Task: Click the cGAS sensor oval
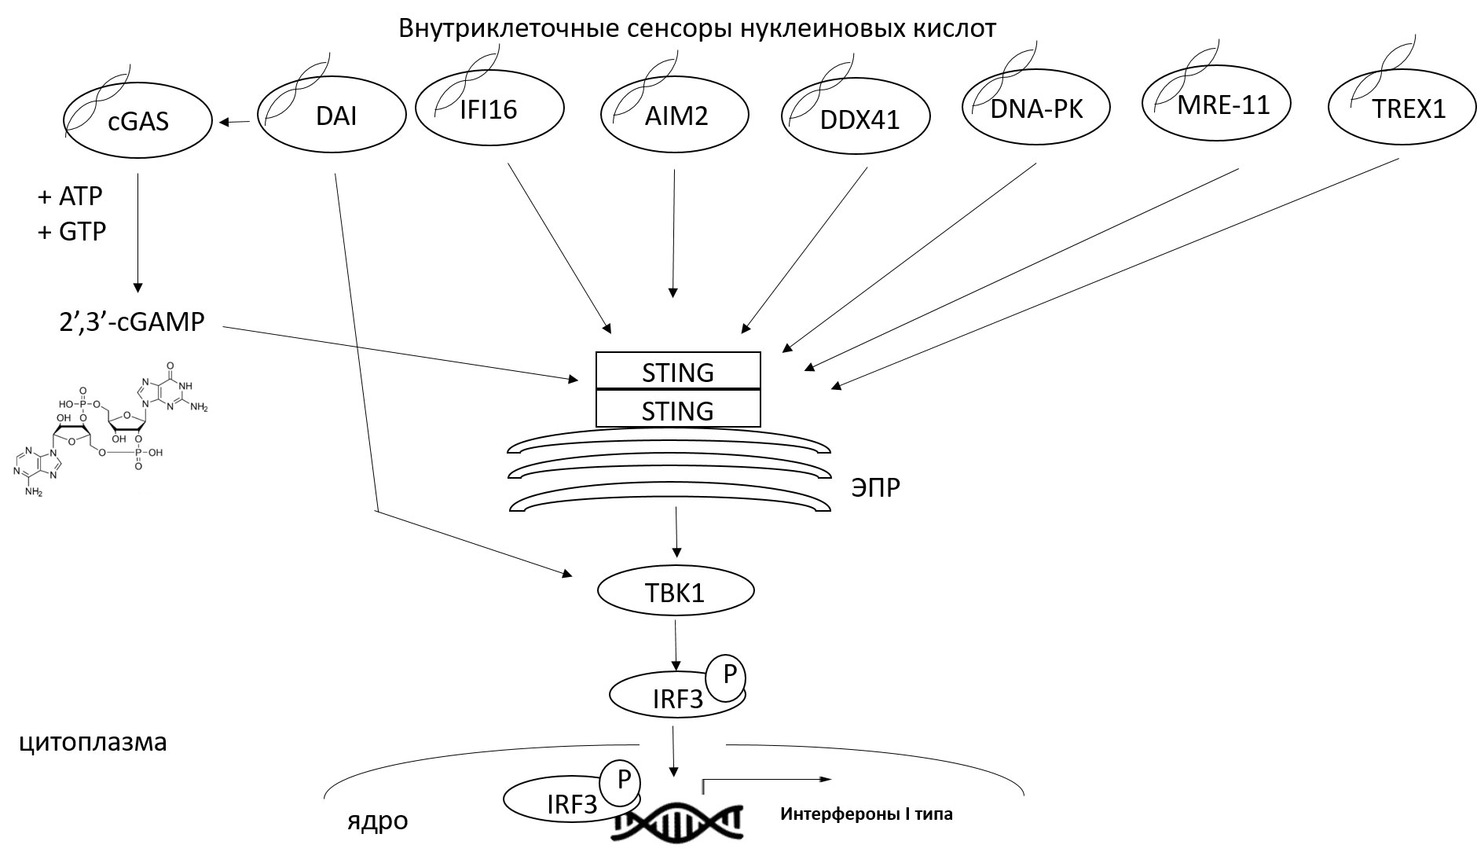click(137, 120)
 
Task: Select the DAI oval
click(332, 116)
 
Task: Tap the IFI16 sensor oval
click(489, 108)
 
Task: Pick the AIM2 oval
click(676, 116)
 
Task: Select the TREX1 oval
click(1401, 109)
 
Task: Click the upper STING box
click(678, 371)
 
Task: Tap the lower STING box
click(678, 410)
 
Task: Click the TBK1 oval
click(676, 592)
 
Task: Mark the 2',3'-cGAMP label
click(132, 322)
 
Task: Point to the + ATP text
click(70, 196)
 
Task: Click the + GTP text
click(71, 232)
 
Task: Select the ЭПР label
click(875, 488)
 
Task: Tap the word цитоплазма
click(93, 742)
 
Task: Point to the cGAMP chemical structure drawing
click(110, 428)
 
